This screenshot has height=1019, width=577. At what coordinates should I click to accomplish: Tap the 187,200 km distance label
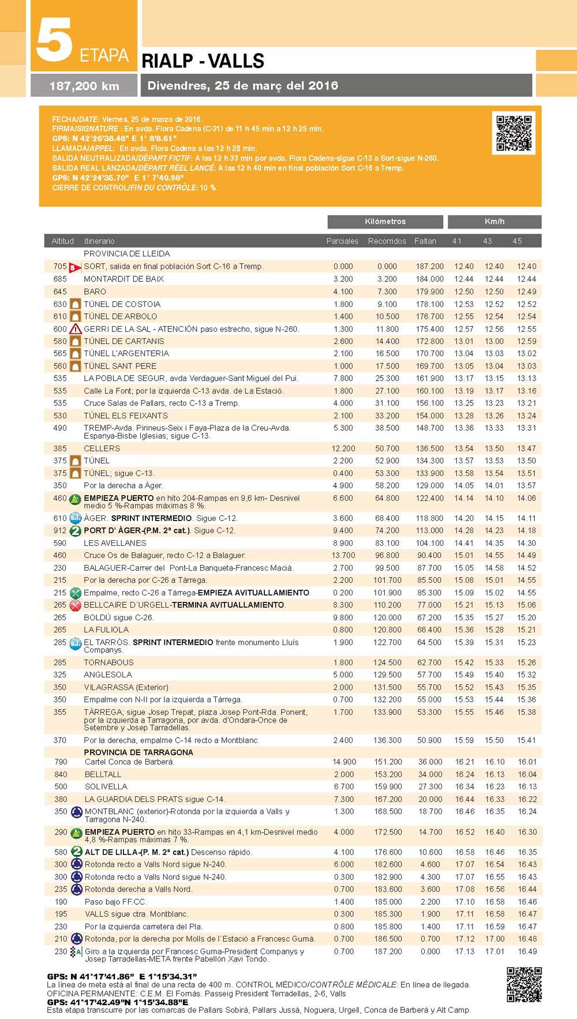[84, 86]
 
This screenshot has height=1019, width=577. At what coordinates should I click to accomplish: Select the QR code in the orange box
[514, 133]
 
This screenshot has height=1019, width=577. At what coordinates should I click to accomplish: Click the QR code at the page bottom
[524, 984]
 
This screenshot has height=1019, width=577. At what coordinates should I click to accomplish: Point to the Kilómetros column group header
[385, 222]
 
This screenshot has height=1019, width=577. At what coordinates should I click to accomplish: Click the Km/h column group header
[494, 222]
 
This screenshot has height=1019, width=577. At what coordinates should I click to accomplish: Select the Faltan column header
[425, 241]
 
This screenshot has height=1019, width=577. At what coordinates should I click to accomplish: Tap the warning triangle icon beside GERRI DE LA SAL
[75, 329]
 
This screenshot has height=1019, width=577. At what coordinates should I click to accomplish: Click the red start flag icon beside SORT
[75, 267]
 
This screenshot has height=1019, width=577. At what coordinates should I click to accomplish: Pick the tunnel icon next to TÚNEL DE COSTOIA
[75, 304]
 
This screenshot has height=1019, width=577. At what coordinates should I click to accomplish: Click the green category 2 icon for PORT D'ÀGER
[75, 531]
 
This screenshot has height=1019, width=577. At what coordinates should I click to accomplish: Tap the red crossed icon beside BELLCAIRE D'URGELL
[75, 605]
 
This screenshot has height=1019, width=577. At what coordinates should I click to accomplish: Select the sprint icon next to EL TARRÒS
[75, 643]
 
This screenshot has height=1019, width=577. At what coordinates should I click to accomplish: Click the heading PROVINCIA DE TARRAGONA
[138, 752]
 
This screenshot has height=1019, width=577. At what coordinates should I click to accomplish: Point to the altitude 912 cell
[60, 531]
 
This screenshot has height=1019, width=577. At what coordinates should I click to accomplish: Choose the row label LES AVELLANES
[115, 543]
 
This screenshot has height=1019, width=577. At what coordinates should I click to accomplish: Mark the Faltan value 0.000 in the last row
[430, 951]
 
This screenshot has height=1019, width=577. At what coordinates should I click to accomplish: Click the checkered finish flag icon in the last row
[76, 952]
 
